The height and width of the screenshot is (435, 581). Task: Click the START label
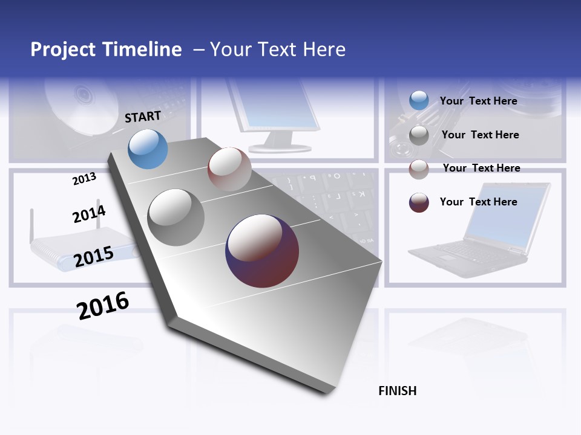143,117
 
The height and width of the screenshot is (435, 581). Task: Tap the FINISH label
398,391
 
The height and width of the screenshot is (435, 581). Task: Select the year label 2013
84,178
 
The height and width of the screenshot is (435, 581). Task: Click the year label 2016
103,305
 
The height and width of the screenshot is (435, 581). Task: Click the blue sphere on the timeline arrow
148,149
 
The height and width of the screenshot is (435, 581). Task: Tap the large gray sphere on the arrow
176,217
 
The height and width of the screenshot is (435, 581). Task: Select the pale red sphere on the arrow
229,169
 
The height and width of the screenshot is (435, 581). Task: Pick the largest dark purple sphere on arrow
262,251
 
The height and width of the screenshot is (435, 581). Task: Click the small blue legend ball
419,100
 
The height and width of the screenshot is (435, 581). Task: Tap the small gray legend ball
419,135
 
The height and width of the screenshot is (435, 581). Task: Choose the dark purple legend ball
419,202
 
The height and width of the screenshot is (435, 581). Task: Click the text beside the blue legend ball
478,101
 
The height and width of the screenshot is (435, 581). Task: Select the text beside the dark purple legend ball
478,202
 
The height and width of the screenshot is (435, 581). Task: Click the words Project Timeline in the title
106,50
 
